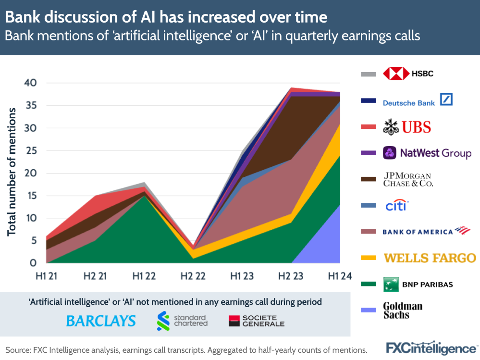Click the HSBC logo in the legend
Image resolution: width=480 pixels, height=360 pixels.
[x=408, y=74]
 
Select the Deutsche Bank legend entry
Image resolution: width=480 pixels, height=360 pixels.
[x=418, y=100]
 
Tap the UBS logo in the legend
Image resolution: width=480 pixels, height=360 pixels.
[x=407, y=127]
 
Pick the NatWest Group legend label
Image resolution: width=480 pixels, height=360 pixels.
[x=427, y=153]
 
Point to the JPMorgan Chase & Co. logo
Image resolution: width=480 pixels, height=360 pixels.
[x=407, y=180]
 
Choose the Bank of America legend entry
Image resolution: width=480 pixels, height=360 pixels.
[x=426, y=231]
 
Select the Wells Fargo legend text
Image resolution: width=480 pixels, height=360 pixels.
[x=429, y=258]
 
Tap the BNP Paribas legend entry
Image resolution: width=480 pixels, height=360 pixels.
[x=418, y=284]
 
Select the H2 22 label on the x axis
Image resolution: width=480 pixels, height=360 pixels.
[x=193, y=276]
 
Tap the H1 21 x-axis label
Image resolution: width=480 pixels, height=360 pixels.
[x=47, y=276]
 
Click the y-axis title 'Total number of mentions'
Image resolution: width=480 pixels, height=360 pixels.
[x=12, y=172]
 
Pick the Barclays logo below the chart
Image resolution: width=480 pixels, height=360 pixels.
[x=100, y=321]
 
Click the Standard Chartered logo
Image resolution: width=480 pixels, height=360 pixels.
[x=182, y=321]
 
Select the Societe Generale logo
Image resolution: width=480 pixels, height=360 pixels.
[x=256, y=321]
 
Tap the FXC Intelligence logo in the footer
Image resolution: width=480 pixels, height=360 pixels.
[x=431, y=348]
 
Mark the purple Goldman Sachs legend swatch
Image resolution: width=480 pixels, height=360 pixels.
[x=368, y=310]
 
